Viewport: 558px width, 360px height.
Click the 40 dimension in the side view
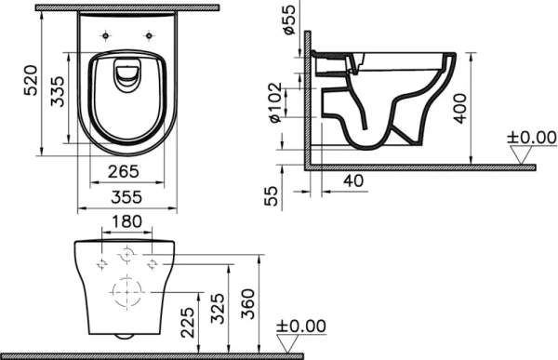(x=352, y=179)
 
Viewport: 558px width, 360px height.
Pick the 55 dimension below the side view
(x=272, y=196)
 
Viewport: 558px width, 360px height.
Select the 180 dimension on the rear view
(x=124, y=223)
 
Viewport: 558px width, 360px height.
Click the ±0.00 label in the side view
(x=531, y=139)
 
